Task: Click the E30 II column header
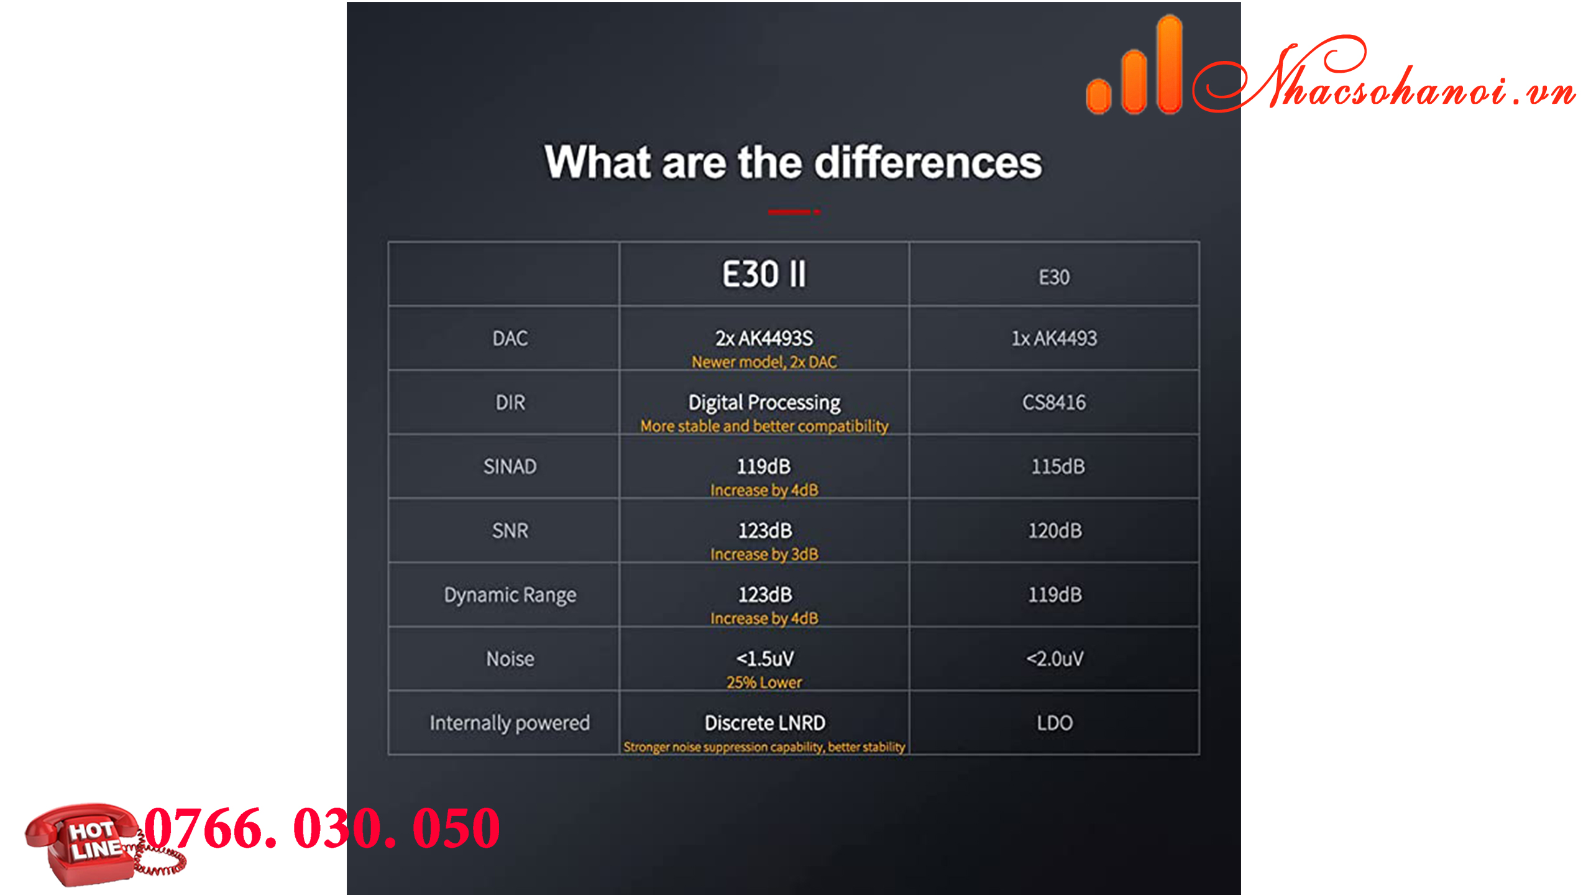pyautogui.click(x=764, y=274)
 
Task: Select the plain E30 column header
pyautogui.click(x=1054, y=277)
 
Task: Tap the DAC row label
pyautogui.click(x=510, y=339)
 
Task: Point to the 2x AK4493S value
pyautogui.click(x=764, y=339)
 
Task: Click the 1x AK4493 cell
pyautogui.click(x=1054, y=339)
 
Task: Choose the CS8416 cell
pyautogui.click(x=1054, y=403)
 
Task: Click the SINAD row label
pyautogui.click(x=510, y=467)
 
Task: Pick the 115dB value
pyautogui.click(x=1058, y=467)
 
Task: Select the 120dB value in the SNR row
pyautogui.click(x=1055, y=531)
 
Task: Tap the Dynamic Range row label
pyautogui.click(x=510, y=595)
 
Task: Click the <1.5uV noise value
pyautogui.click(x=765, y=659)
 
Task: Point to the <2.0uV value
pyautogui.click(x=1055, y=659)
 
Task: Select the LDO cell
pyautogui.click(x=1055, y=723)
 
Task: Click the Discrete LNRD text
pyautogui.click(x=764, y=723)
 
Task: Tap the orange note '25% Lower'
pyautogui.click(x=764, y=682)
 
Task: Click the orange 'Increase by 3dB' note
pyautogui.click(x=764, y=554)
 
